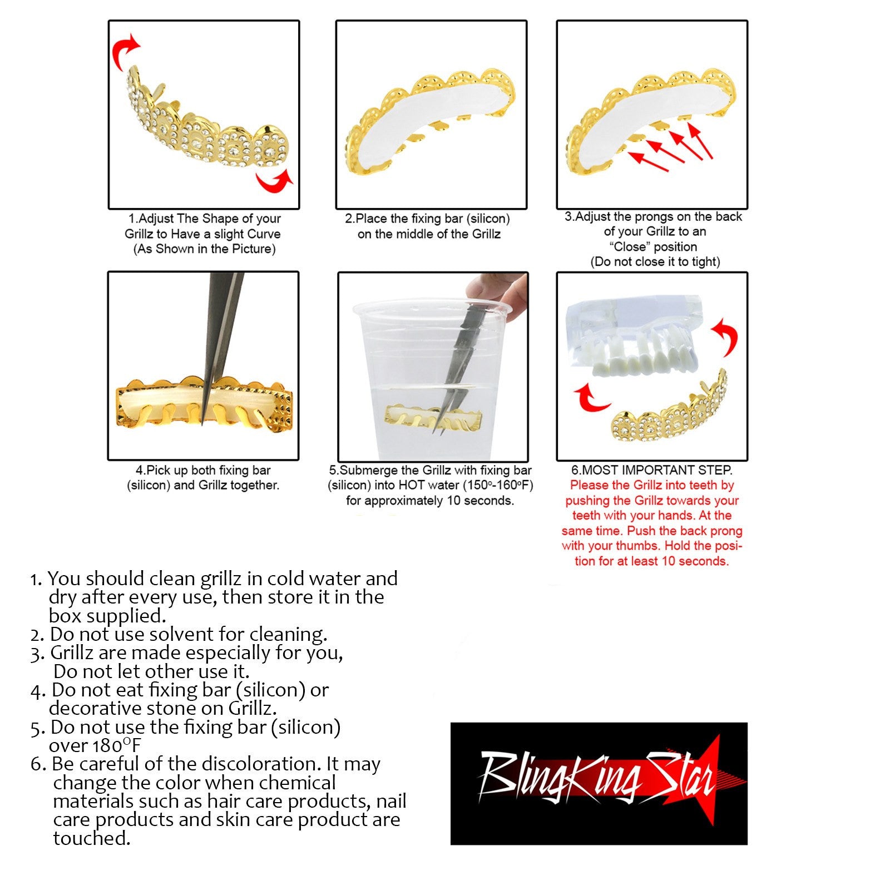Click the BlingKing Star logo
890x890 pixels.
tap(599, 783)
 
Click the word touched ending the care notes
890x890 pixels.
tap(92, 838)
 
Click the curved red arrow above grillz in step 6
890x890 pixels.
tap(728, 337)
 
